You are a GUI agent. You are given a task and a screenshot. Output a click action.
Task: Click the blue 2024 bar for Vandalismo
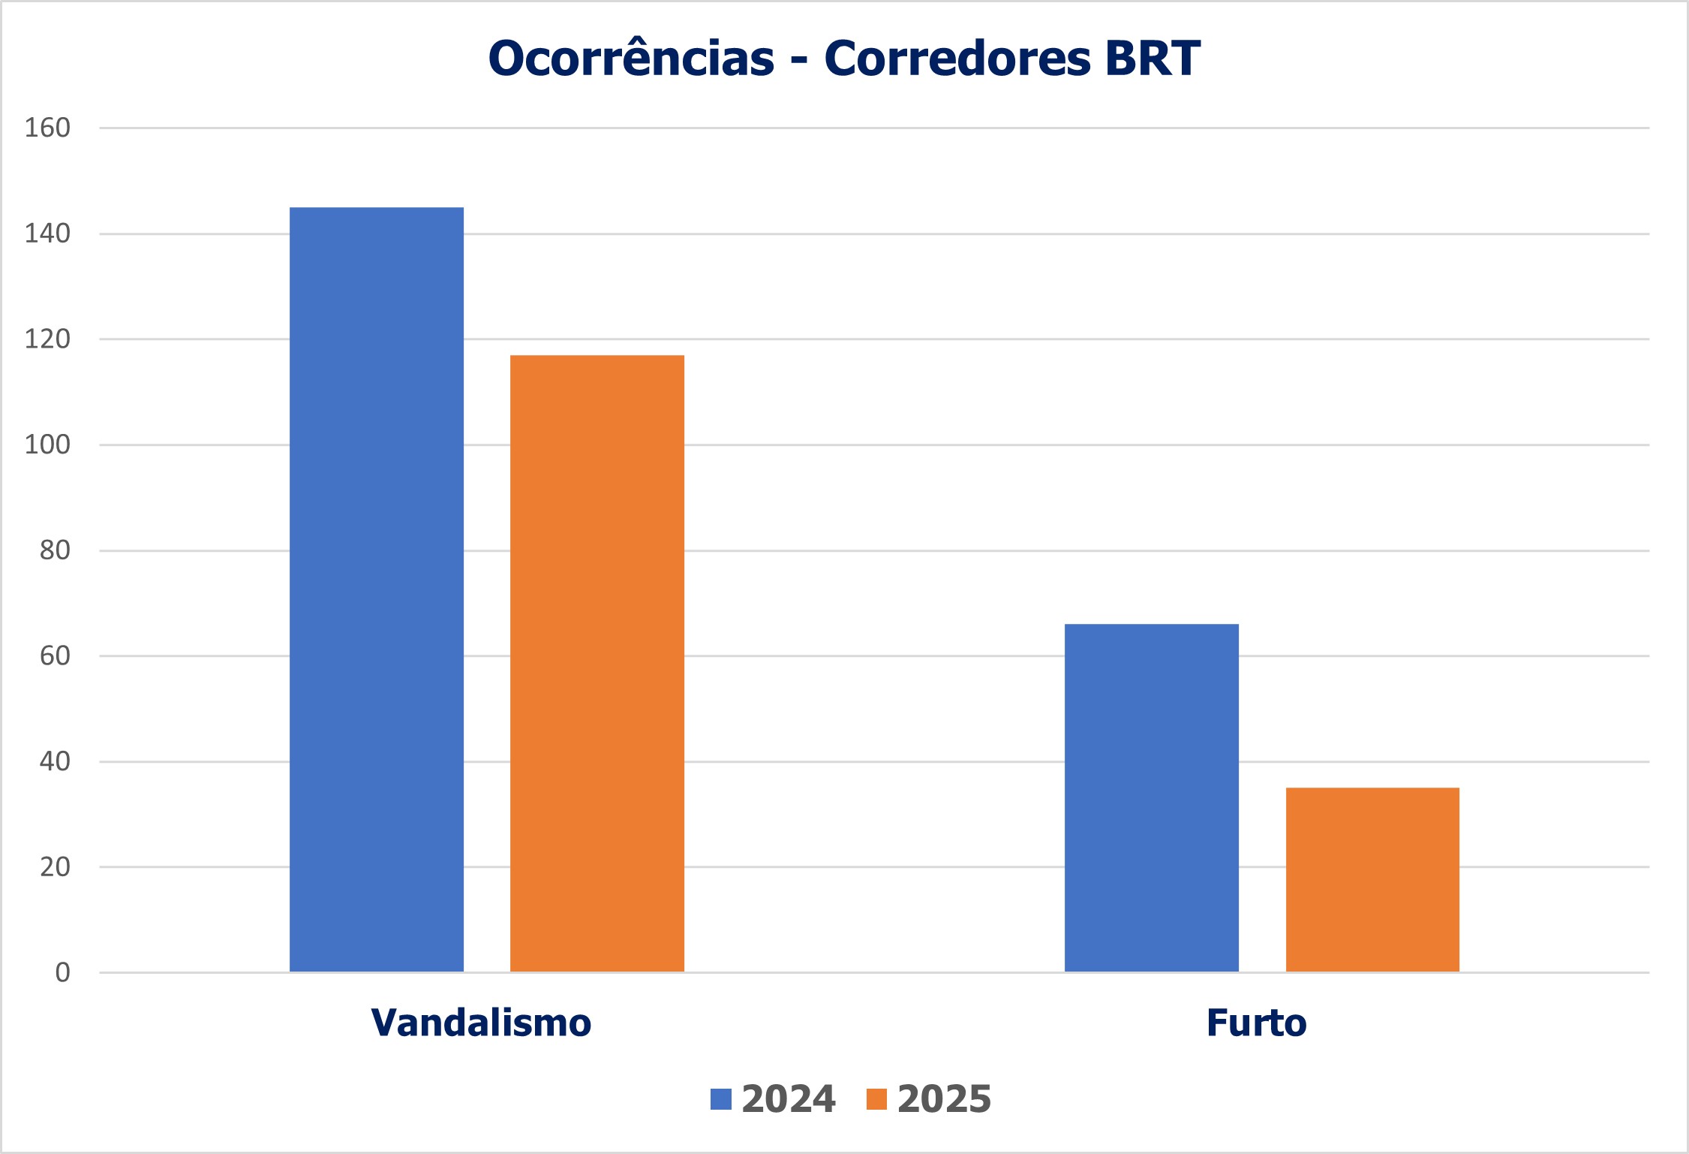(376, 589)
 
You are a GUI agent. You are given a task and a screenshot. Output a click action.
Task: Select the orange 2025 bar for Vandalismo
(597, 663)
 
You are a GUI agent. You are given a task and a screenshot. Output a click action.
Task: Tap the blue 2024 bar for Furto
(1151, 797)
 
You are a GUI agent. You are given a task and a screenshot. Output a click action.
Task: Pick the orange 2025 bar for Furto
(1372, 879)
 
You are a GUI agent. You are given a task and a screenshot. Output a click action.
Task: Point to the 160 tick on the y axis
(47, 128)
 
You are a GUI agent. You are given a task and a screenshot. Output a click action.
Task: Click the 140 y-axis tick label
(47, 234)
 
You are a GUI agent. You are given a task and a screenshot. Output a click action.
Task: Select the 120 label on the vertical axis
(47, 339)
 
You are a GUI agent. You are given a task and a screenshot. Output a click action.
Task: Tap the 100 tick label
(47, 444)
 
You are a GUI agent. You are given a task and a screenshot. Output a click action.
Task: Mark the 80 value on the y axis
(55, 550)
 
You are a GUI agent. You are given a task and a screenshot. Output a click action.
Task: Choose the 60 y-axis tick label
(55, 656)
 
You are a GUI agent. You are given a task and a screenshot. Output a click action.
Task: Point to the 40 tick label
(55, 761)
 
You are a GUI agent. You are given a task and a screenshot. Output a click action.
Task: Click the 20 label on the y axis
(55, 867)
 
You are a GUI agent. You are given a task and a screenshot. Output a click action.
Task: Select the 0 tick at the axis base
(62, 973)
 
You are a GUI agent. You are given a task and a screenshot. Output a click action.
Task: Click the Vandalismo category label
(481, 1023)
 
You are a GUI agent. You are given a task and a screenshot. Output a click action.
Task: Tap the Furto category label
(1256, 1023)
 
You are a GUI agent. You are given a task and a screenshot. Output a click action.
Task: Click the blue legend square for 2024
(720, 1099)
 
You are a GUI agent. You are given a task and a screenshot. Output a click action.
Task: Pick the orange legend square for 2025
(876, 1099)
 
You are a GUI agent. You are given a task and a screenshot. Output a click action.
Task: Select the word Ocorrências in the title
(631, 59)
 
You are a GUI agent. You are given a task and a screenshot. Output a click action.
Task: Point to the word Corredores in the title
(957, 59)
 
